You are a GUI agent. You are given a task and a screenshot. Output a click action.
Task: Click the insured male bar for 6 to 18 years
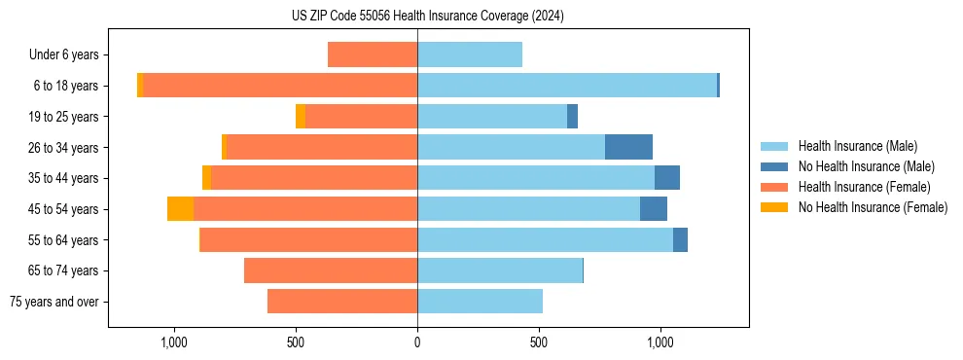(x=567, y=86)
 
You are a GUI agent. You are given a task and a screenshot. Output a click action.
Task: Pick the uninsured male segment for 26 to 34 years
(x=628, y=147)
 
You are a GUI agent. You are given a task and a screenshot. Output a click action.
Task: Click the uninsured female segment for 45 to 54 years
(x=180, y=209)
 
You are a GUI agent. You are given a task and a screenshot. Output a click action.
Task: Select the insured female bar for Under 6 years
(x=373, y=54)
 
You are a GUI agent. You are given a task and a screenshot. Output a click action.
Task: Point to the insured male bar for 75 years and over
(x=480, y=302)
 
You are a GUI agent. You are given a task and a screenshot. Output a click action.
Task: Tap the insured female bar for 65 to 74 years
(x=331, y=270)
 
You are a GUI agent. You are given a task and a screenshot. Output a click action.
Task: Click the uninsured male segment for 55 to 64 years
(x=680, y=239)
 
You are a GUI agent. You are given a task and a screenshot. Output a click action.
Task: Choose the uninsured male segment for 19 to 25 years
(x=572, y=117)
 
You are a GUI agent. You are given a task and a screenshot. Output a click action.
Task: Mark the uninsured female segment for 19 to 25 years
(x=301, y=117)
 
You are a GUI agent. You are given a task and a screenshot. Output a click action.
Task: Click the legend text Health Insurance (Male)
(x=857, y=146)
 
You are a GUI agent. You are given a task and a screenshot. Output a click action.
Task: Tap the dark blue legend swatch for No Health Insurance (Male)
(x=774, y=166)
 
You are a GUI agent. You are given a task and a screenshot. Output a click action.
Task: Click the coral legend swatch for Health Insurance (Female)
(x=774, y=187)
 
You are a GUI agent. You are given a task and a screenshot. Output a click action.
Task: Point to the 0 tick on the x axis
(x=417, y=342)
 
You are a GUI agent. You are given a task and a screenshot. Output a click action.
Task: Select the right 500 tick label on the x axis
(x=539, y=342)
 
